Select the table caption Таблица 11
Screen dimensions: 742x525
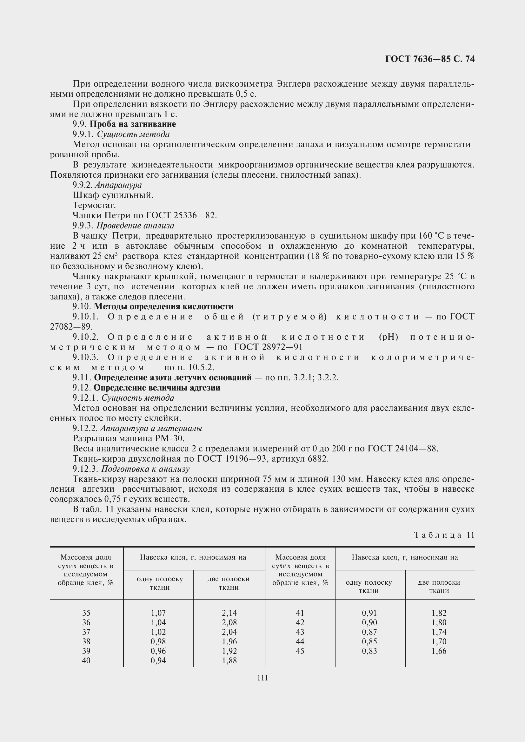(444, 535)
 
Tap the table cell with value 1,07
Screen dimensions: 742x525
(158, 613)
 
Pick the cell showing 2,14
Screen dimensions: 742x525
(229, 613)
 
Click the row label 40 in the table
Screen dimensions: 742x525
(86, 660)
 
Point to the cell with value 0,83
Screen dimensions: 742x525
(369, 651)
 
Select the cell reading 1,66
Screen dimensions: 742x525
(439, 651)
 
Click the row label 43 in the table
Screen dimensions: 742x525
(300, 632)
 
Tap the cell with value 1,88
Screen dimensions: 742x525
(229, 660)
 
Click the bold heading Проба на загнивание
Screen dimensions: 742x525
(133, 124)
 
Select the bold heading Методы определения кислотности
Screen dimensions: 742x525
(163, 306)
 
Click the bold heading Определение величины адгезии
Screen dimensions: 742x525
(157, 387)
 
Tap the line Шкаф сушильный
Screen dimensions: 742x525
(113, 195)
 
